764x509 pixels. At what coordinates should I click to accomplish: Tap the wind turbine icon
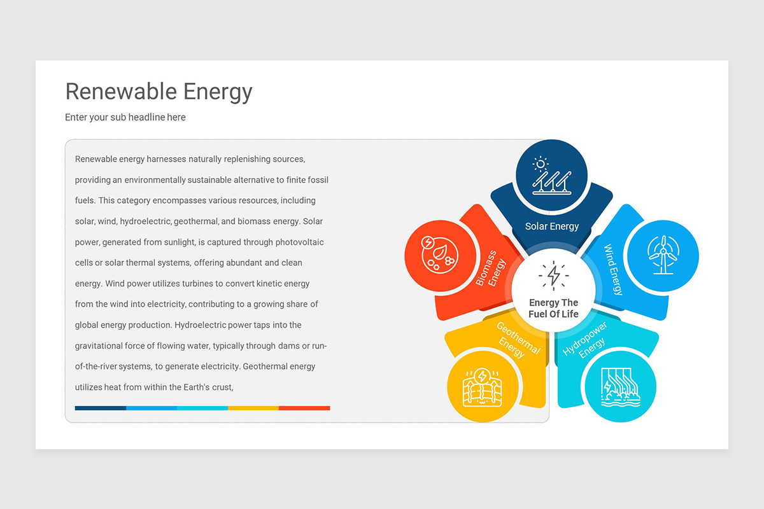click(x=663, y=255)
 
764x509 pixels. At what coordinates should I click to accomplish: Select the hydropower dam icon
click(x=619, y=386)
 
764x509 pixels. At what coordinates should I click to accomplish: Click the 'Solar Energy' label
click(x=552, y=226)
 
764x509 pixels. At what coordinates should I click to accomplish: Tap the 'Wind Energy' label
click(x=612, y=270)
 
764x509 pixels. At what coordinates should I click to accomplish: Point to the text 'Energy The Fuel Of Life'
click(x=553, y=309)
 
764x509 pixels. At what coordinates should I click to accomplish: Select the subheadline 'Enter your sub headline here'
click(x=125, y=117)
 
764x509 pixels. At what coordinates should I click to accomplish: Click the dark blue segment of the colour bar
click(x=101, y=408)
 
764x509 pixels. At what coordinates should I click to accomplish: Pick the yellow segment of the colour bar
click(x=253, y=408)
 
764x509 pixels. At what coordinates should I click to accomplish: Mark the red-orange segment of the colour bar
click(x=304, y=408)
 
